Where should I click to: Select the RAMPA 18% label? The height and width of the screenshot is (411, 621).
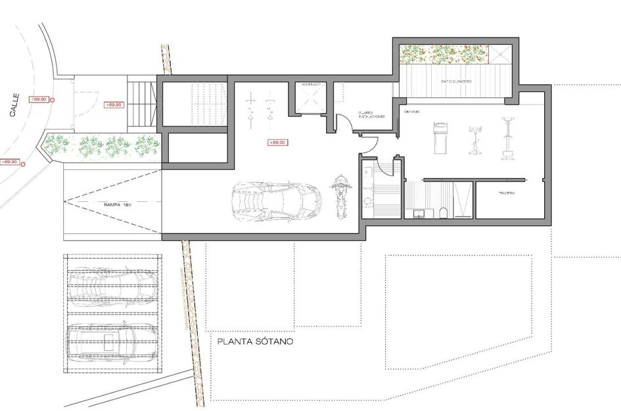[119, 205]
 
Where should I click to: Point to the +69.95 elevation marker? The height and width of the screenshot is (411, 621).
[114, 105]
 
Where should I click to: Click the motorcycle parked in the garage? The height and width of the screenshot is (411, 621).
[340, 195]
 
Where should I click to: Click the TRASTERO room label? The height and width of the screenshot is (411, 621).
[506, 193]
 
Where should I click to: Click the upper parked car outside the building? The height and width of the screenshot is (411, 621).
[112, 287]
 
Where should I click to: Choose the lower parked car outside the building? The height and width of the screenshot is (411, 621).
[112, 339]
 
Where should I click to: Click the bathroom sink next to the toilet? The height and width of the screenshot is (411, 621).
[418, 212]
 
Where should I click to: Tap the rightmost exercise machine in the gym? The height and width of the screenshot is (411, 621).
[507, 139]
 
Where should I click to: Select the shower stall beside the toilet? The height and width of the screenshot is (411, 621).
[463, 200]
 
